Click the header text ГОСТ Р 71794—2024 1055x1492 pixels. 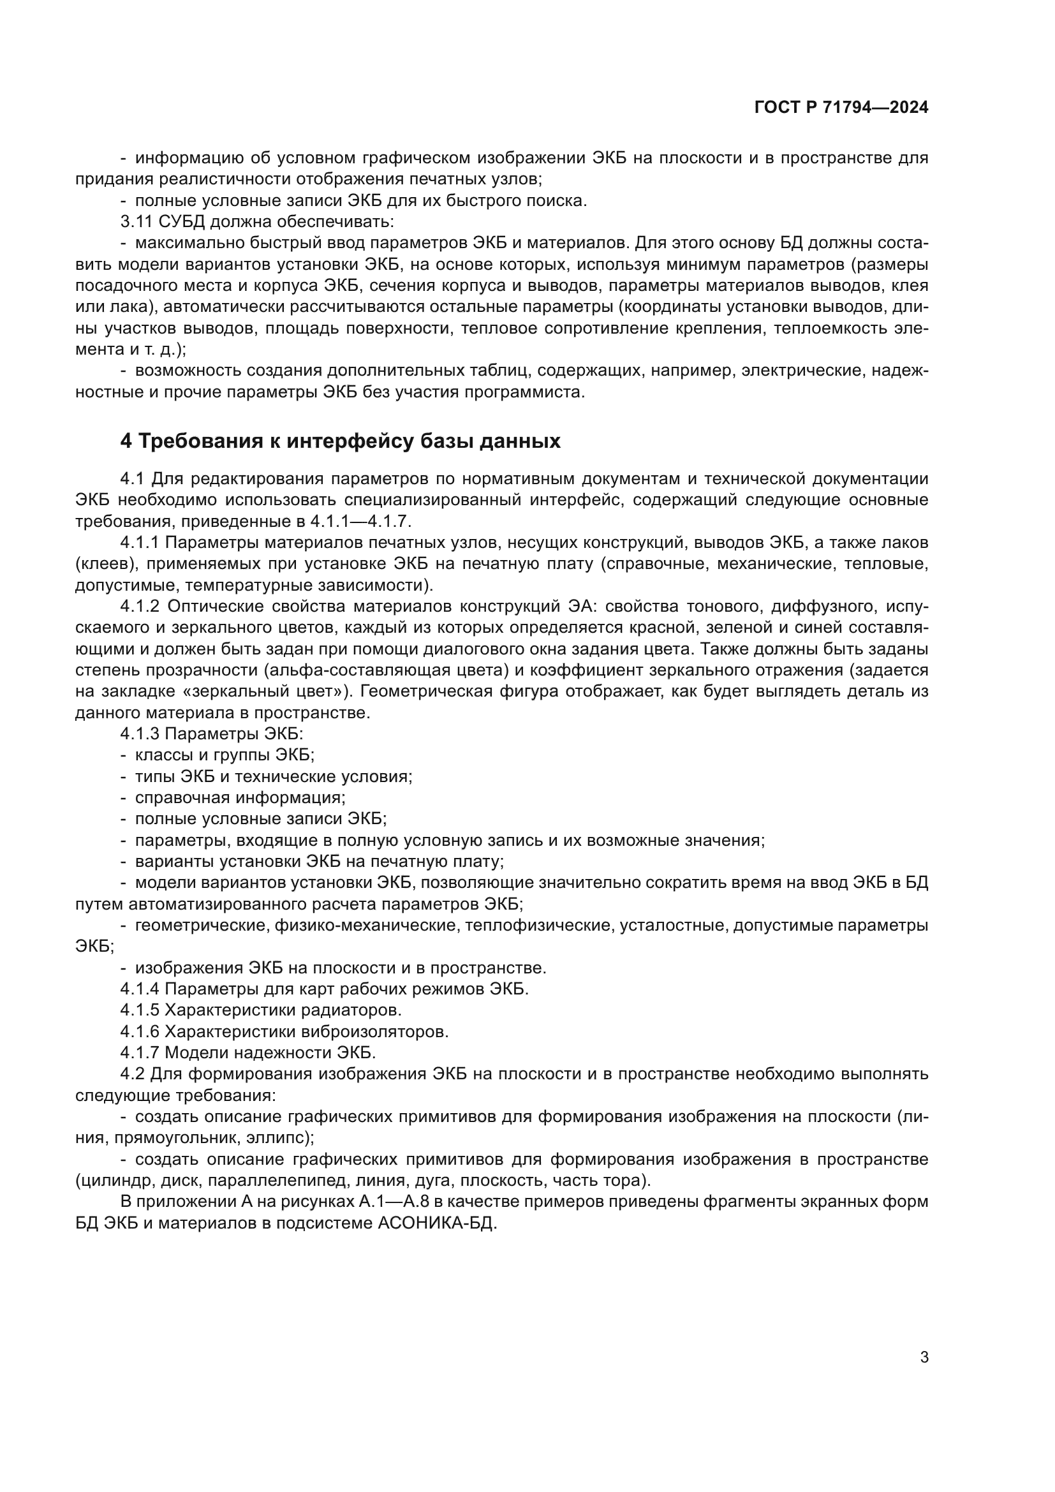(841, 108)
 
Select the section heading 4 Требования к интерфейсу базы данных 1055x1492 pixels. (340, 441)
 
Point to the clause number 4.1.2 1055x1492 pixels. (140, 606)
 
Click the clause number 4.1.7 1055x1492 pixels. (140, 1051)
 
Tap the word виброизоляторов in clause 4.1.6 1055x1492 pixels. (375, 1031)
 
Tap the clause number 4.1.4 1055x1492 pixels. (140, 988)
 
